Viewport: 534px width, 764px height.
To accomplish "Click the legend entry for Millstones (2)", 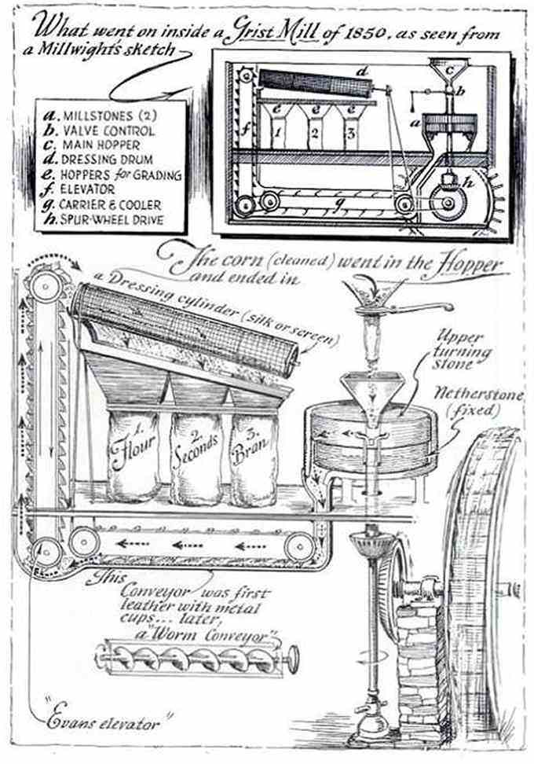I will click(x=99, y=116).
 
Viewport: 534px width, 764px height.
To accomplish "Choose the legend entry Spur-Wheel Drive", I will click(x=105, y=220).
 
